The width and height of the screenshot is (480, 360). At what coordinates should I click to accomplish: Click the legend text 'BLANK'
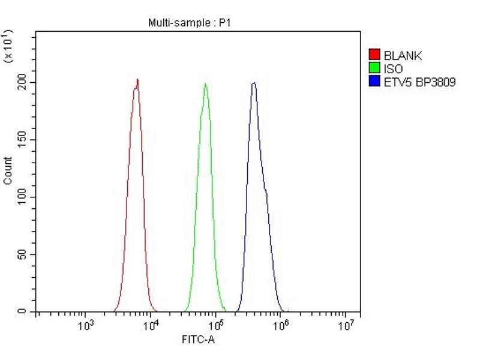coord(403,56)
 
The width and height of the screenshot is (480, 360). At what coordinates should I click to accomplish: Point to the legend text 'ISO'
coord(394,69)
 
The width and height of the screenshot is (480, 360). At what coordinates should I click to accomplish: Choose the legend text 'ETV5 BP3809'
coord(420,82)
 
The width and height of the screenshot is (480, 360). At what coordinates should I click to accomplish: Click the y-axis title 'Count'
coord(8,170)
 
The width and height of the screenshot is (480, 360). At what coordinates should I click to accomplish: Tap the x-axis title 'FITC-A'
coord(198,340)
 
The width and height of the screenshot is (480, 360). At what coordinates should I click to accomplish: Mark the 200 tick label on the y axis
coord(22,82)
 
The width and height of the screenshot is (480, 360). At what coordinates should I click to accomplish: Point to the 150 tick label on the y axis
coord(22,140)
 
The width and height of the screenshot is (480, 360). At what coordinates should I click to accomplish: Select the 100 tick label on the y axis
coord(22,197)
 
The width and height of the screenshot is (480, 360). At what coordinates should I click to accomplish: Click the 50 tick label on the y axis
coord(24,255)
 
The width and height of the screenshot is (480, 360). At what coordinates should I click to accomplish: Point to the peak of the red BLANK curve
coord(137,80)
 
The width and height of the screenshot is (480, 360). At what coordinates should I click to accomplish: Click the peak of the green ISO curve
coord(205,84)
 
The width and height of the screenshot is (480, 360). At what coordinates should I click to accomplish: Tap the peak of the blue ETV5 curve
coord(254,83)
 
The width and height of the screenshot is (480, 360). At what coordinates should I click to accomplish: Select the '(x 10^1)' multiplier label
coord(8,45)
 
